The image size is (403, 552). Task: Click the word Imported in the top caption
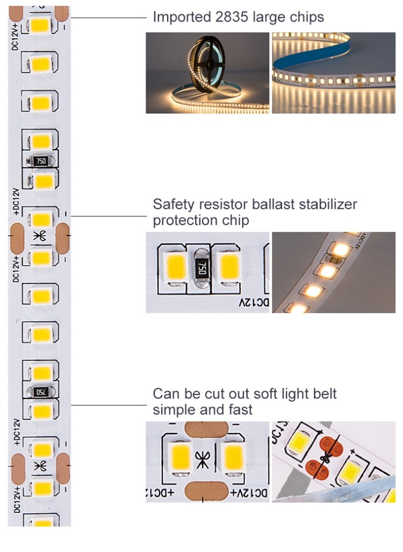point(179,17)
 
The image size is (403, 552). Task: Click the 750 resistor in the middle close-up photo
point(201,267)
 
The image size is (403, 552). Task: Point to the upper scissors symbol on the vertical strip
point(39,236)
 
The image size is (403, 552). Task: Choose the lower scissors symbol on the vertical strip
point(39,466)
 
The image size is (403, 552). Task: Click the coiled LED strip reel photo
point(207,73)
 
